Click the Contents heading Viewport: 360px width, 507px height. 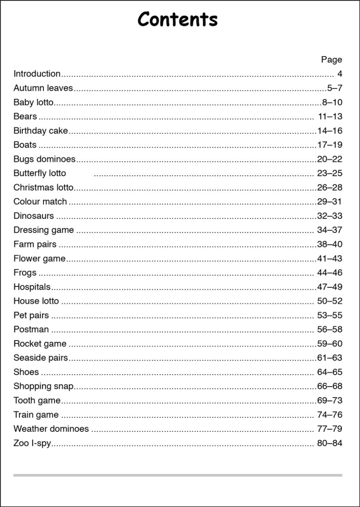(x=177, y=20)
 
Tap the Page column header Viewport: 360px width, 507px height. (x=331, y=60)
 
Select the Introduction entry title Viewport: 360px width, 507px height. (x=37, y=74)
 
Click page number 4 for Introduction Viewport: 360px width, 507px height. (x=339, y=74)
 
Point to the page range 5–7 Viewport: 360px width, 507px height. (x=335, y=88)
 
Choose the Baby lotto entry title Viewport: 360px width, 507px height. (x=33, y=102)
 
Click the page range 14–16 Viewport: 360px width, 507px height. (x=330, y=130)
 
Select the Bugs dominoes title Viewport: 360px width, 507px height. (x=44, y=159)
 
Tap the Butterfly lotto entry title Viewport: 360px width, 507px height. (x=40, y=173)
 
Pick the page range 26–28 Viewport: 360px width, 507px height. (x=330, y=188)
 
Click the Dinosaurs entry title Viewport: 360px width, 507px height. (x=34, y=216)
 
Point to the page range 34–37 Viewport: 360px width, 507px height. (x=330, y=230)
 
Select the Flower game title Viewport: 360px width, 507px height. (x=40, y=258)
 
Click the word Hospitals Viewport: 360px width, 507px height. (x=32, y=287)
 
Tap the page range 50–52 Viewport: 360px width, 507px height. (x=330, y=301)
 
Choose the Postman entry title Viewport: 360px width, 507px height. (x=31, y=329)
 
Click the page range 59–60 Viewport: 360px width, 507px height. (x=330, y=344)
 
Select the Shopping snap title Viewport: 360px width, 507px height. (x=43, y=386)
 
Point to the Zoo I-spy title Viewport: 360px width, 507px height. (x=32, y=443)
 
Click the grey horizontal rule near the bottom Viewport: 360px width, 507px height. (x=177, y=475)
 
